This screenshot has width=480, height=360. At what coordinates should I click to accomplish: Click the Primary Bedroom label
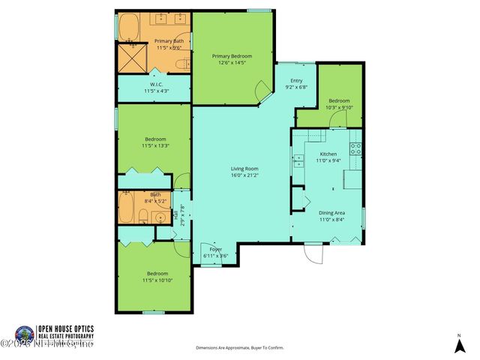[x=231, y=55]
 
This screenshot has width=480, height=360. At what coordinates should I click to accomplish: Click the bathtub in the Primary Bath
[x=130, y=26]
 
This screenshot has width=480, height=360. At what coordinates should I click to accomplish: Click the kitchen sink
[x=298, y=158]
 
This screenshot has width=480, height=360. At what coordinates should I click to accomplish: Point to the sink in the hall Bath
[x=160, y=217]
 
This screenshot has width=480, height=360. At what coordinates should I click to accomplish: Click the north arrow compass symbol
[x=459, y=345]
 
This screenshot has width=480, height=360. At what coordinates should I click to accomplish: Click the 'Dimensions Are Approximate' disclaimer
[x=239, y=348]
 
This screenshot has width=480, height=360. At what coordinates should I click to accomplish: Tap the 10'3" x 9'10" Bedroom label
[x=339, y=103]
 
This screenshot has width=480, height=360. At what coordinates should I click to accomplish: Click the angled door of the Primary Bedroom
[x=264, y=94]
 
